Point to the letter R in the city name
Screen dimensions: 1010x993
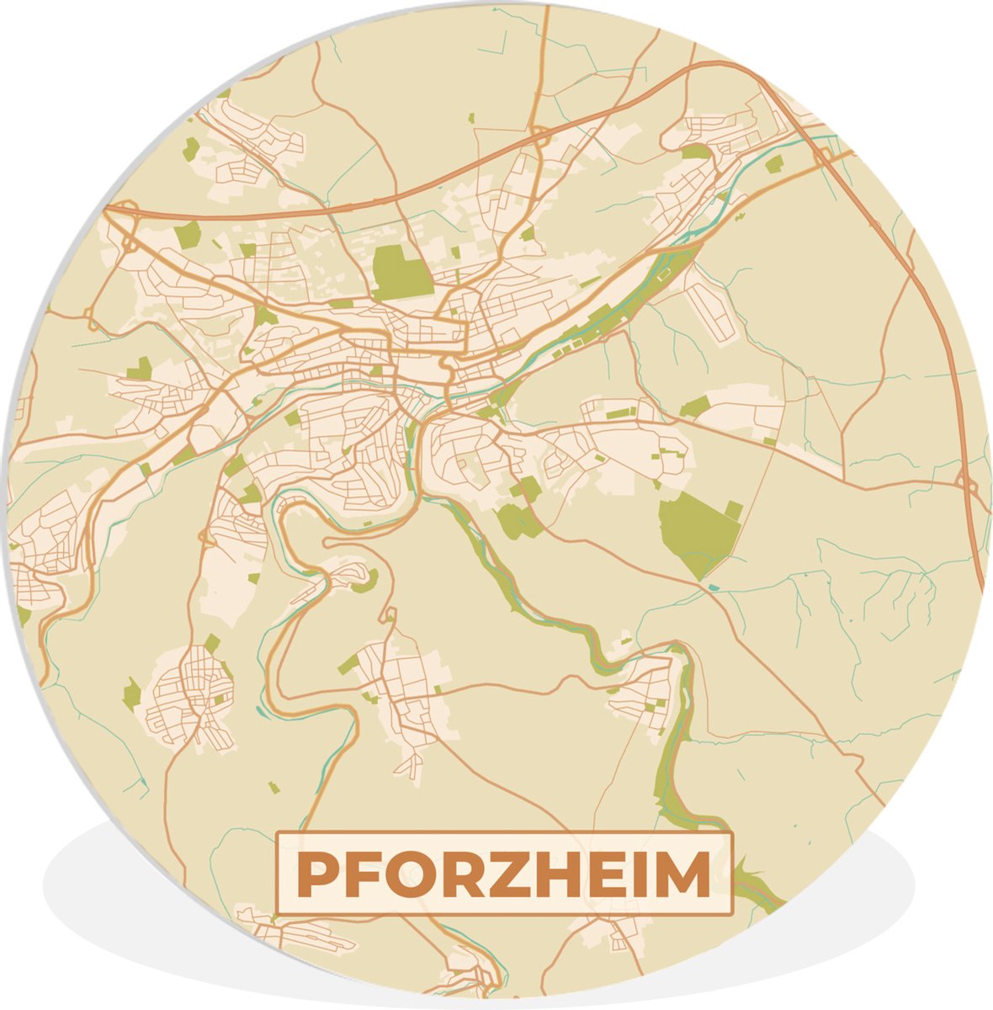tap(468, 875)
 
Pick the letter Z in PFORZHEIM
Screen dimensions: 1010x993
tap(517, 875)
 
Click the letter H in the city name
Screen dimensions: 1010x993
tap(566, 875)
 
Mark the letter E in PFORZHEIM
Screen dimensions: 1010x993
tap(613, 875)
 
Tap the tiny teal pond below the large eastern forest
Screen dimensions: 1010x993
tap(714, 587)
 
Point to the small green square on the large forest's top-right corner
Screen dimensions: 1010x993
tap(734, 510)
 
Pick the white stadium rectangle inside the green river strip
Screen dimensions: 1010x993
tap(665, 274)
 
